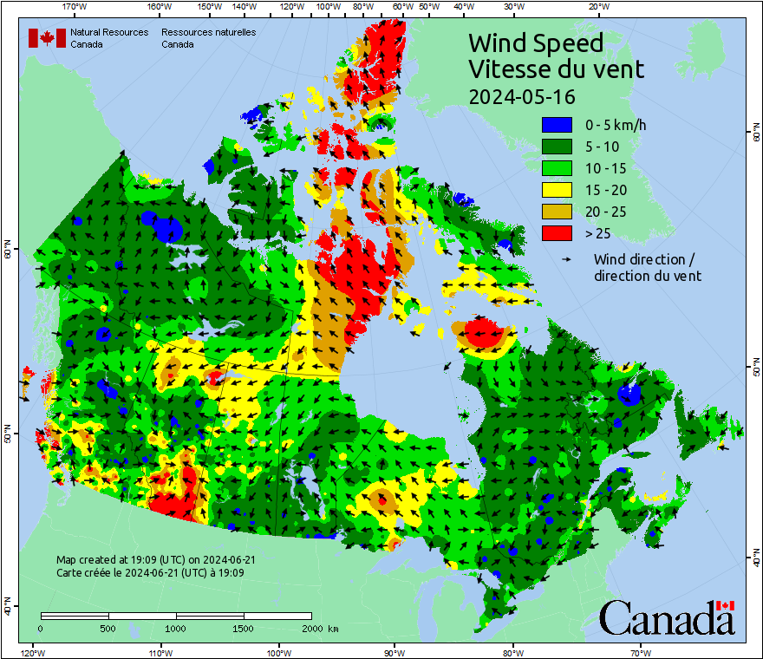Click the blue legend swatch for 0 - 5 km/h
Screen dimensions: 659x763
tap(556, 125)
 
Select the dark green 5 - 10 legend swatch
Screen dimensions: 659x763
tap(556, 147)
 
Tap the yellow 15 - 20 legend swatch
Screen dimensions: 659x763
tap(556, 190)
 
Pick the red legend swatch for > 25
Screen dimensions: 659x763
tap(556, 233)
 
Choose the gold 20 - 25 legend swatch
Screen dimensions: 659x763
tap(556, 212)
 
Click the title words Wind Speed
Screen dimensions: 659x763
tap(535, 43)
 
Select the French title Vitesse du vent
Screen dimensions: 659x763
tap(556, 69)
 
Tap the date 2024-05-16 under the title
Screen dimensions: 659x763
tap(522, 95)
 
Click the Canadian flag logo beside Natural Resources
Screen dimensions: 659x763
tap(47, 38)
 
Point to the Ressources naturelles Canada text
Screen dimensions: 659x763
tap(208, 38)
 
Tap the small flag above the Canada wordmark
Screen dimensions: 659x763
tap(725, 605)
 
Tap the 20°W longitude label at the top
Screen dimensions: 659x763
tap(597, 7)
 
